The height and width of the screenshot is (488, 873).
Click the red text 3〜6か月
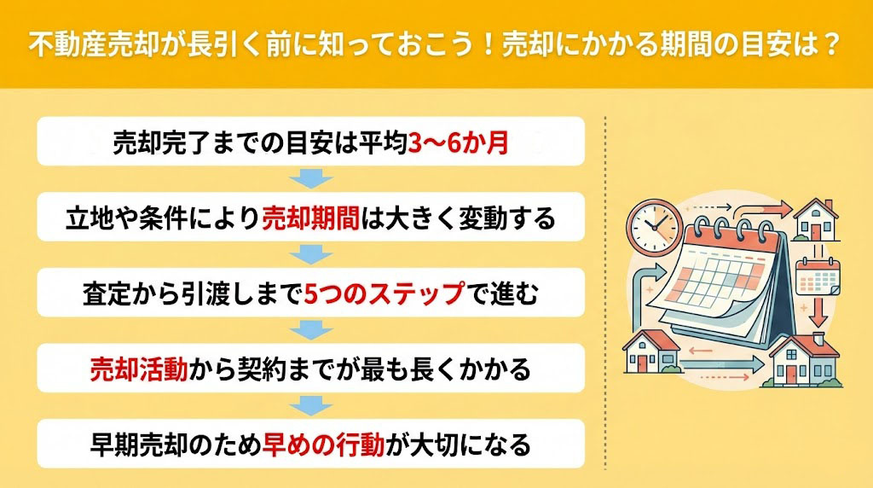click(458, 143)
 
